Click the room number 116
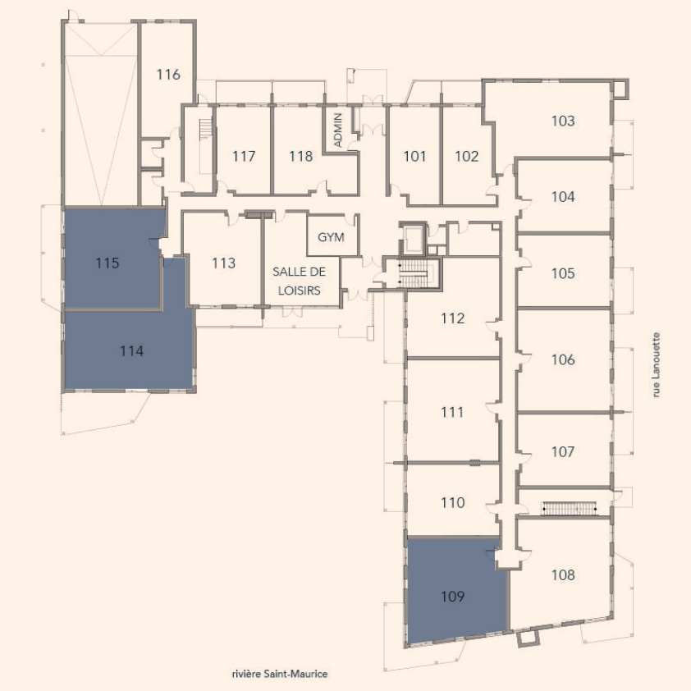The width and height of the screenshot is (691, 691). pos(168,75)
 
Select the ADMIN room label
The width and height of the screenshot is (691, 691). pos(338,130)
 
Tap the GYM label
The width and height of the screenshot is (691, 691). pos(331,237)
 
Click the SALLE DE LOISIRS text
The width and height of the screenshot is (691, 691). pos(300,281)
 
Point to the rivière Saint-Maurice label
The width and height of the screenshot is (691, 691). pos(280,674)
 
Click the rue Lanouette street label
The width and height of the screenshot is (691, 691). pos(657,365)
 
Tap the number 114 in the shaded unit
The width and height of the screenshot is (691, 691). pos(132,351)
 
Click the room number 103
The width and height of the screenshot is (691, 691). pos(563,121)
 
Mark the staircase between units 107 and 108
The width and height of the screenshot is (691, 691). pos(569,508)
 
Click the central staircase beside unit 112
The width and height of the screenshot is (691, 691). pos(413,273)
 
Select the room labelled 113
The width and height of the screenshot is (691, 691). pos(224,263)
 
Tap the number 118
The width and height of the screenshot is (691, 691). pos(301,156)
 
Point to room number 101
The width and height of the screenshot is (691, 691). pos(414,156)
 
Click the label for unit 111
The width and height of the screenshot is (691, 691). pos(452,412)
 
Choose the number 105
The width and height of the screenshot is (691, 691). pos(563,273)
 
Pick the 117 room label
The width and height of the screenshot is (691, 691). pos(244,156)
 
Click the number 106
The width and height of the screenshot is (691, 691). pos(563,359)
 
